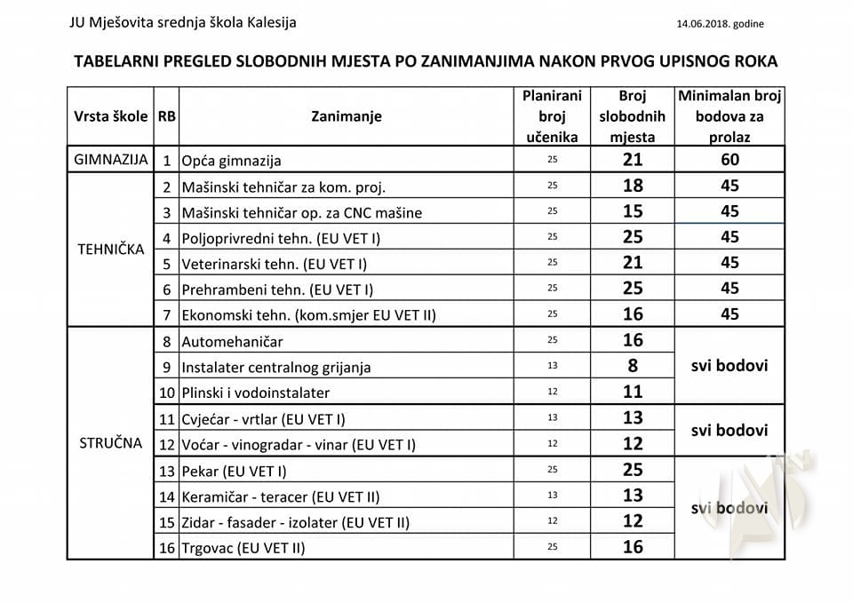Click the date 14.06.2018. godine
coord(721,23)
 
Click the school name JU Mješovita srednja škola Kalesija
coord(183,22)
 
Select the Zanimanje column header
coord(347,116)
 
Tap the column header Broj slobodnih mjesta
coord(632,116)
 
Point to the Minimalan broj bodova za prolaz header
coord(729,116)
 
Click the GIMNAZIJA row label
coord(110,160)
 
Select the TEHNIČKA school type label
coord(110,250)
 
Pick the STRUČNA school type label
coord(110,443)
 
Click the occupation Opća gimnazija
coord(231,161)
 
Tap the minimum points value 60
coord(729,160)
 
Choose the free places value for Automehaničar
coord(632,340)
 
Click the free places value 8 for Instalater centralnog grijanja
coord(632,366)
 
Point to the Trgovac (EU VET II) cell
coord(243,548)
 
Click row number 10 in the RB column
coord(166,393)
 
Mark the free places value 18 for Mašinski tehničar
coord(632,186)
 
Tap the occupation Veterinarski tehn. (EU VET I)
coord(274,264)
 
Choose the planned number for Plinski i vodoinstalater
coord(551,392)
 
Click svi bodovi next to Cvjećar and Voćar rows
coord(729,430)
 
